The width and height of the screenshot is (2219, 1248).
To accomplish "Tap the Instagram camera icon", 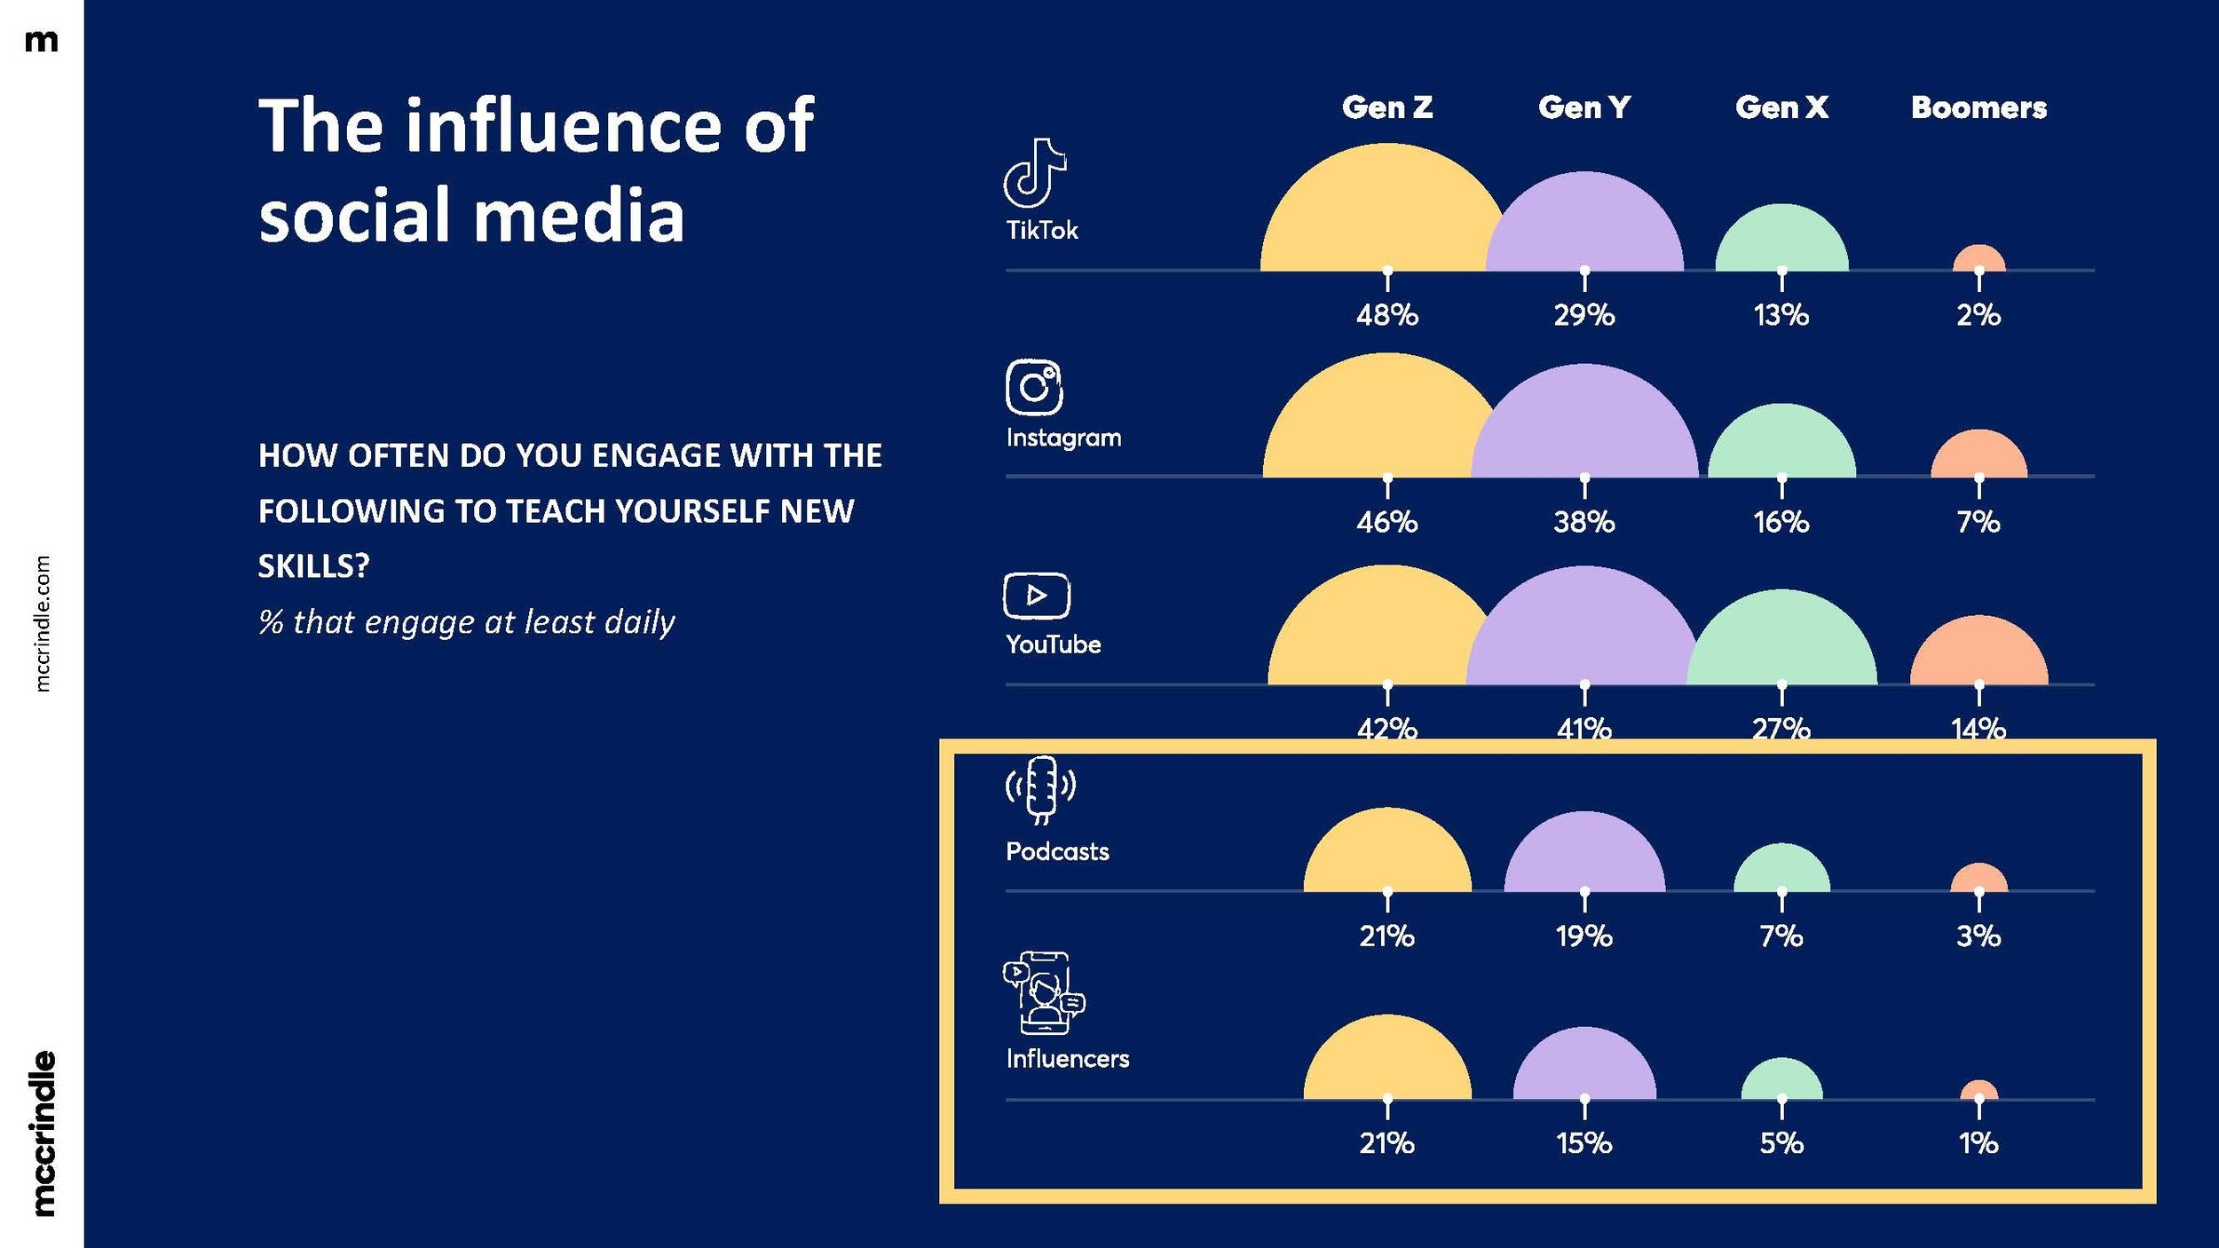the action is click(x=1034, y=387).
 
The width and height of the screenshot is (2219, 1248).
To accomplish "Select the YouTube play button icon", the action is click(x=1037, y=595).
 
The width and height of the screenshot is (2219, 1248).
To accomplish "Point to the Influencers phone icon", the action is click(x=1044, y=993).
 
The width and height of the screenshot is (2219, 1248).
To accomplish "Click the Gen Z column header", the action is click(x=1387, y=107).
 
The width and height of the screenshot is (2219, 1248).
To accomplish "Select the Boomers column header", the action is click(x=1978, y=107).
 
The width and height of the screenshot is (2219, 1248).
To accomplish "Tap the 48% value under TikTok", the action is click(x=1387, y=315).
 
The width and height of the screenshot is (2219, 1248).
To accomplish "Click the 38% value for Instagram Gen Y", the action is click(x=1584, y=522).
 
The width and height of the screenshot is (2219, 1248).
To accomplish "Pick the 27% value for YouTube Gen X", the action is click(x=1781, y=729).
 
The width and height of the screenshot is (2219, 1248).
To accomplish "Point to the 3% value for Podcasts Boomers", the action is click(x=1978, y=936).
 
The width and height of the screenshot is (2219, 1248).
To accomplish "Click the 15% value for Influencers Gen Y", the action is click(x=1584, y=1143).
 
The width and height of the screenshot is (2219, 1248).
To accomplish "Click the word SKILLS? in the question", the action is click(x=313, y=566).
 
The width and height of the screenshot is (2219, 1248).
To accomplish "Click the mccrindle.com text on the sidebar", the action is click(x=43, y=624).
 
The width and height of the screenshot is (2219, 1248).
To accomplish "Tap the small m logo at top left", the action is click(x=42, y=41).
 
